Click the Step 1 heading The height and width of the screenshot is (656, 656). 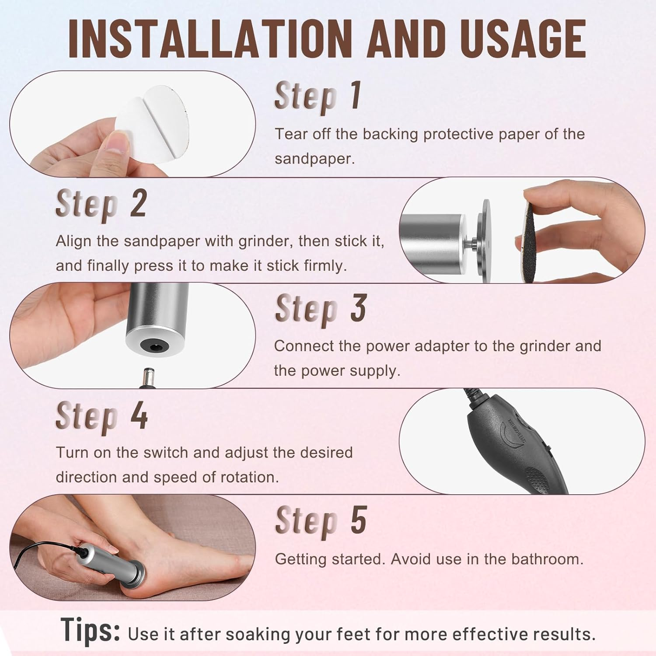pos(318,96)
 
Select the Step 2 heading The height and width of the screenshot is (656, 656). pos(101,204)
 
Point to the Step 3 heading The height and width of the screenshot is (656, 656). pos(321,309)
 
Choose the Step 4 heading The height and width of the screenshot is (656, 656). pos(101,415)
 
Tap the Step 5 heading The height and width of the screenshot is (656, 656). pos(321,521)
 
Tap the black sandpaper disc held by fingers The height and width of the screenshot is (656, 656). pos(531,238)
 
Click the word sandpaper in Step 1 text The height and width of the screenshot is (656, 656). pos(314,159)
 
